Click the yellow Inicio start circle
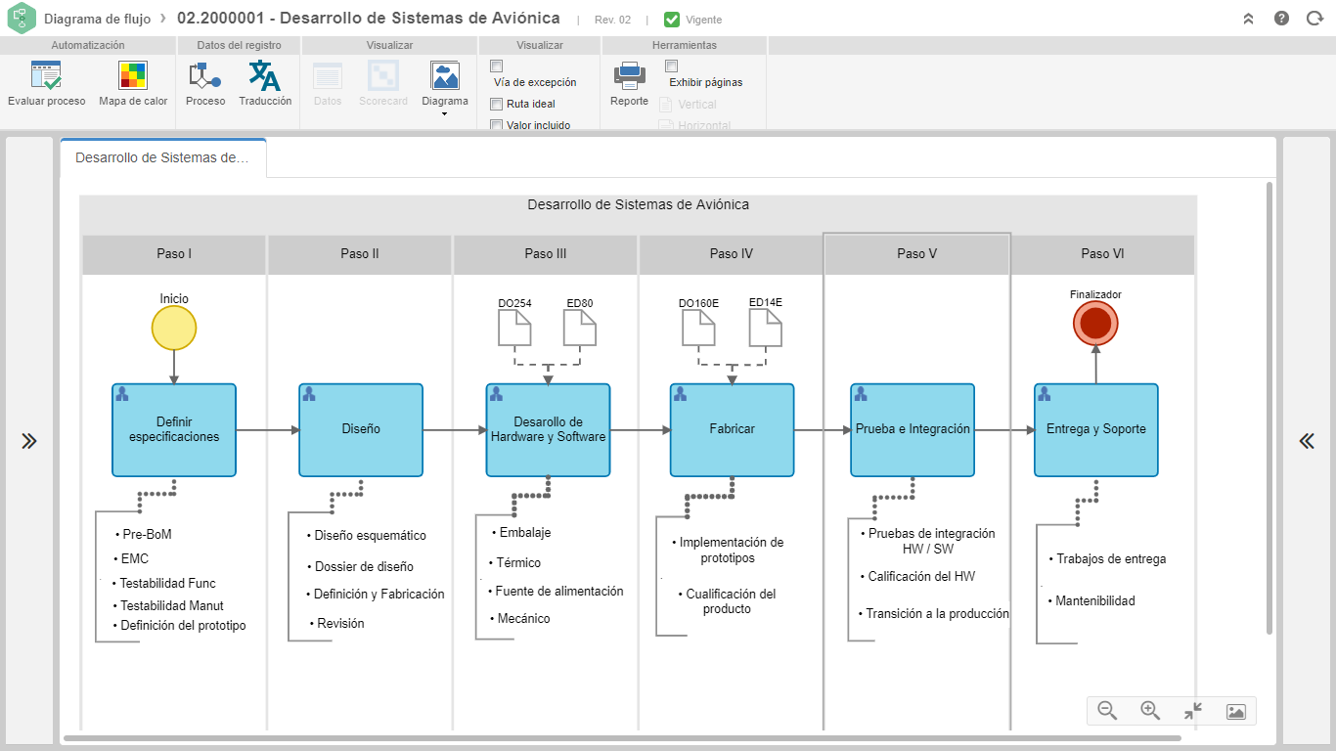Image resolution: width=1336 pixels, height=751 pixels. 173,329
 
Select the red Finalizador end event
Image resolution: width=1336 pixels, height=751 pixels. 1095,324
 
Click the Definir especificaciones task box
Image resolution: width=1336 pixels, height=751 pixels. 174,430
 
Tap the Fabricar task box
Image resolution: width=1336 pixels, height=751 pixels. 732,430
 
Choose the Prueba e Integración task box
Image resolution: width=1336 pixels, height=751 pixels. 913,430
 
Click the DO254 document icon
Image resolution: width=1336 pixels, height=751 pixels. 514,330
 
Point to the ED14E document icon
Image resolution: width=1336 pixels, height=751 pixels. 765,329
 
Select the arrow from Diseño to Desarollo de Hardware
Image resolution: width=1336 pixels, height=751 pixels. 455,430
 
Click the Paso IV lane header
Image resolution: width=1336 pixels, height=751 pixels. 731,254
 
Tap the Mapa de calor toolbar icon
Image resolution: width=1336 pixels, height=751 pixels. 132,75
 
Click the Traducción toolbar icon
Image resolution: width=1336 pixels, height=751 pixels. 264,75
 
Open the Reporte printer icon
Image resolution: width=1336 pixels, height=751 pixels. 629,75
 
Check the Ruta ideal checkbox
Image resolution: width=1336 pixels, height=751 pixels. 496,104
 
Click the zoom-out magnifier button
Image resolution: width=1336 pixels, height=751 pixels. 1107,711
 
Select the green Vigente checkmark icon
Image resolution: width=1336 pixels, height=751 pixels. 672,20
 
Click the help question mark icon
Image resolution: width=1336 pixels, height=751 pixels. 1281,19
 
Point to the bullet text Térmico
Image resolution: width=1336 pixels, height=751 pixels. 518,562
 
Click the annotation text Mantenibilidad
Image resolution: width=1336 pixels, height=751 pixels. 1095,600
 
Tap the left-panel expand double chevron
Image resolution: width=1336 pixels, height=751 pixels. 29,441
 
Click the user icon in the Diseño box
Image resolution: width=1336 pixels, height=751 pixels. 309,394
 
